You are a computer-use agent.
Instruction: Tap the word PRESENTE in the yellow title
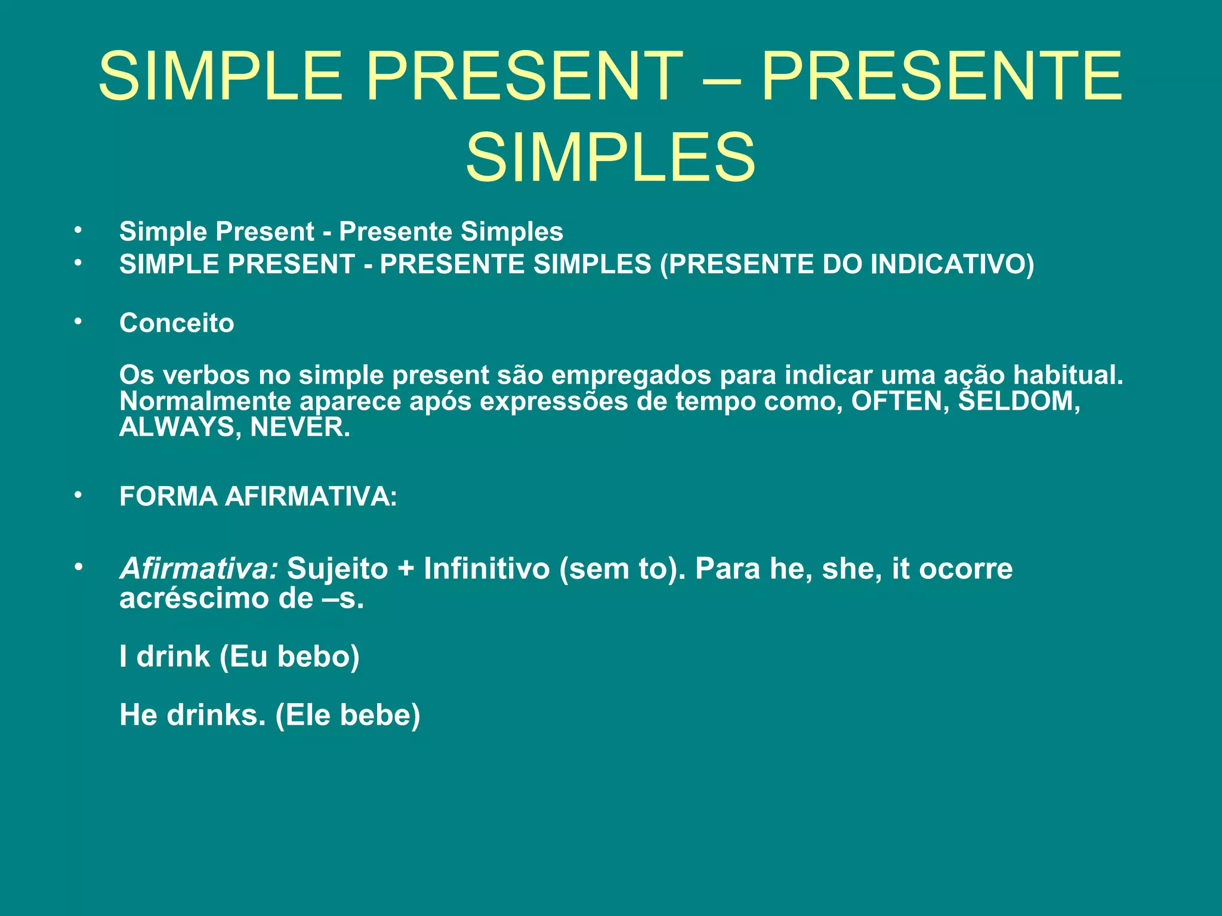(x=942, y=76)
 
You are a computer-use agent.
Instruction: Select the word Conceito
(x=177, y=323)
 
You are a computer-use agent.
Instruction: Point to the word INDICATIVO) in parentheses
(x=953, y=264)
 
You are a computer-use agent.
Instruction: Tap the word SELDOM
(x=1019, y=401)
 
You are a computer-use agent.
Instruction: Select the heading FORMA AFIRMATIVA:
(x=258, y=496)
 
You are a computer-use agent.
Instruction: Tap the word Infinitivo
(x=486, y=568)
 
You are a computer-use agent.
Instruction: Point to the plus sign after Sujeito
(x=406, y=568)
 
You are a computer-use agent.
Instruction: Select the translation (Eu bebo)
(x=289, y=657)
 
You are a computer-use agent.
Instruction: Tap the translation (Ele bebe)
(x=348, y=714)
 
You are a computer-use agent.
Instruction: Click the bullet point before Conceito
(x=78, y=322)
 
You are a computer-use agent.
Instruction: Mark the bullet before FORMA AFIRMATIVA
(x=78, y=495)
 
